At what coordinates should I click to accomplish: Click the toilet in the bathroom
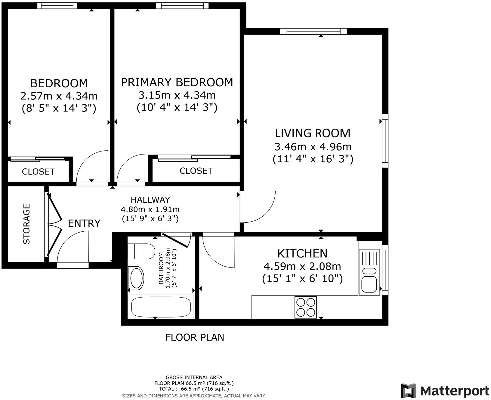(141, 251)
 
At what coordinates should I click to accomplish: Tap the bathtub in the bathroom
(161, 307)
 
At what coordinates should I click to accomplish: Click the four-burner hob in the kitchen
(306, 307)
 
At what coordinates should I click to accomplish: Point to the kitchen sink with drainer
(370, 268)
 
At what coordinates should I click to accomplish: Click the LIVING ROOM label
(313, 133)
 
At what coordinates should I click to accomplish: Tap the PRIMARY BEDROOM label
(177, 82)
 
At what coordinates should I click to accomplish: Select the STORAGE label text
(27, 224)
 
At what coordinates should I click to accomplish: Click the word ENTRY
(84, 223)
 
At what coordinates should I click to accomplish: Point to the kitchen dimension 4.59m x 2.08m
(302, 267)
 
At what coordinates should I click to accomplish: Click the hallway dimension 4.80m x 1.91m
(150, 209)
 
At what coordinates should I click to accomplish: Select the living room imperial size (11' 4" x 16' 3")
(313, 159)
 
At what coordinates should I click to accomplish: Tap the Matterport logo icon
(408, 391)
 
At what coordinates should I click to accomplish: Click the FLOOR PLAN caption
(195, 337)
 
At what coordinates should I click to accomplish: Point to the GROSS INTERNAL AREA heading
(194, 377)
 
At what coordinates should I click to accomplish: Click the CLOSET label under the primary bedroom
(196, 171)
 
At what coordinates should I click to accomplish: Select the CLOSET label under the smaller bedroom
(38, 172)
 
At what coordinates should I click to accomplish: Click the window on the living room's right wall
(385, 141)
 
